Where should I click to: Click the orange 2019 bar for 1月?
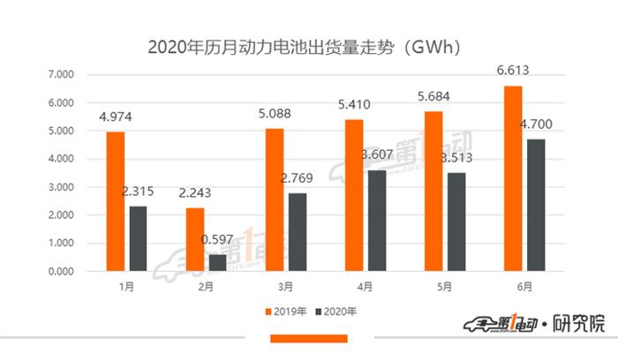(x=116, y=201)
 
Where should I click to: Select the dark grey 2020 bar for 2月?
(x=216, y=263)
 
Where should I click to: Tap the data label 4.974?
(x=116, y=116)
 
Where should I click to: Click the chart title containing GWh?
(x=309, y=43)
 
